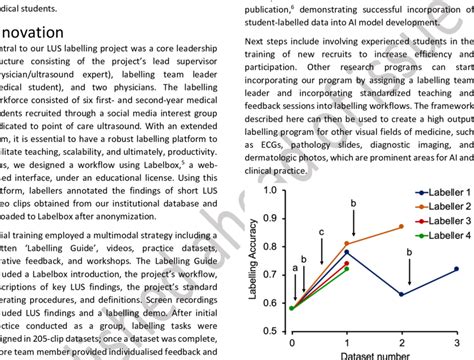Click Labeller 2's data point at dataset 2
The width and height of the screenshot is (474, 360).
pos(402,226)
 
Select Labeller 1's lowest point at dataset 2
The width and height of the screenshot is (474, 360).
pos(402,294)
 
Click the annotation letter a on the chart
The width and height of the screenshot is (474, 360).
pos(294,269)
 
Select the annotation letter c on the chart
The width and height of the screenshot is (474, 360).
pos(319,232)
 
